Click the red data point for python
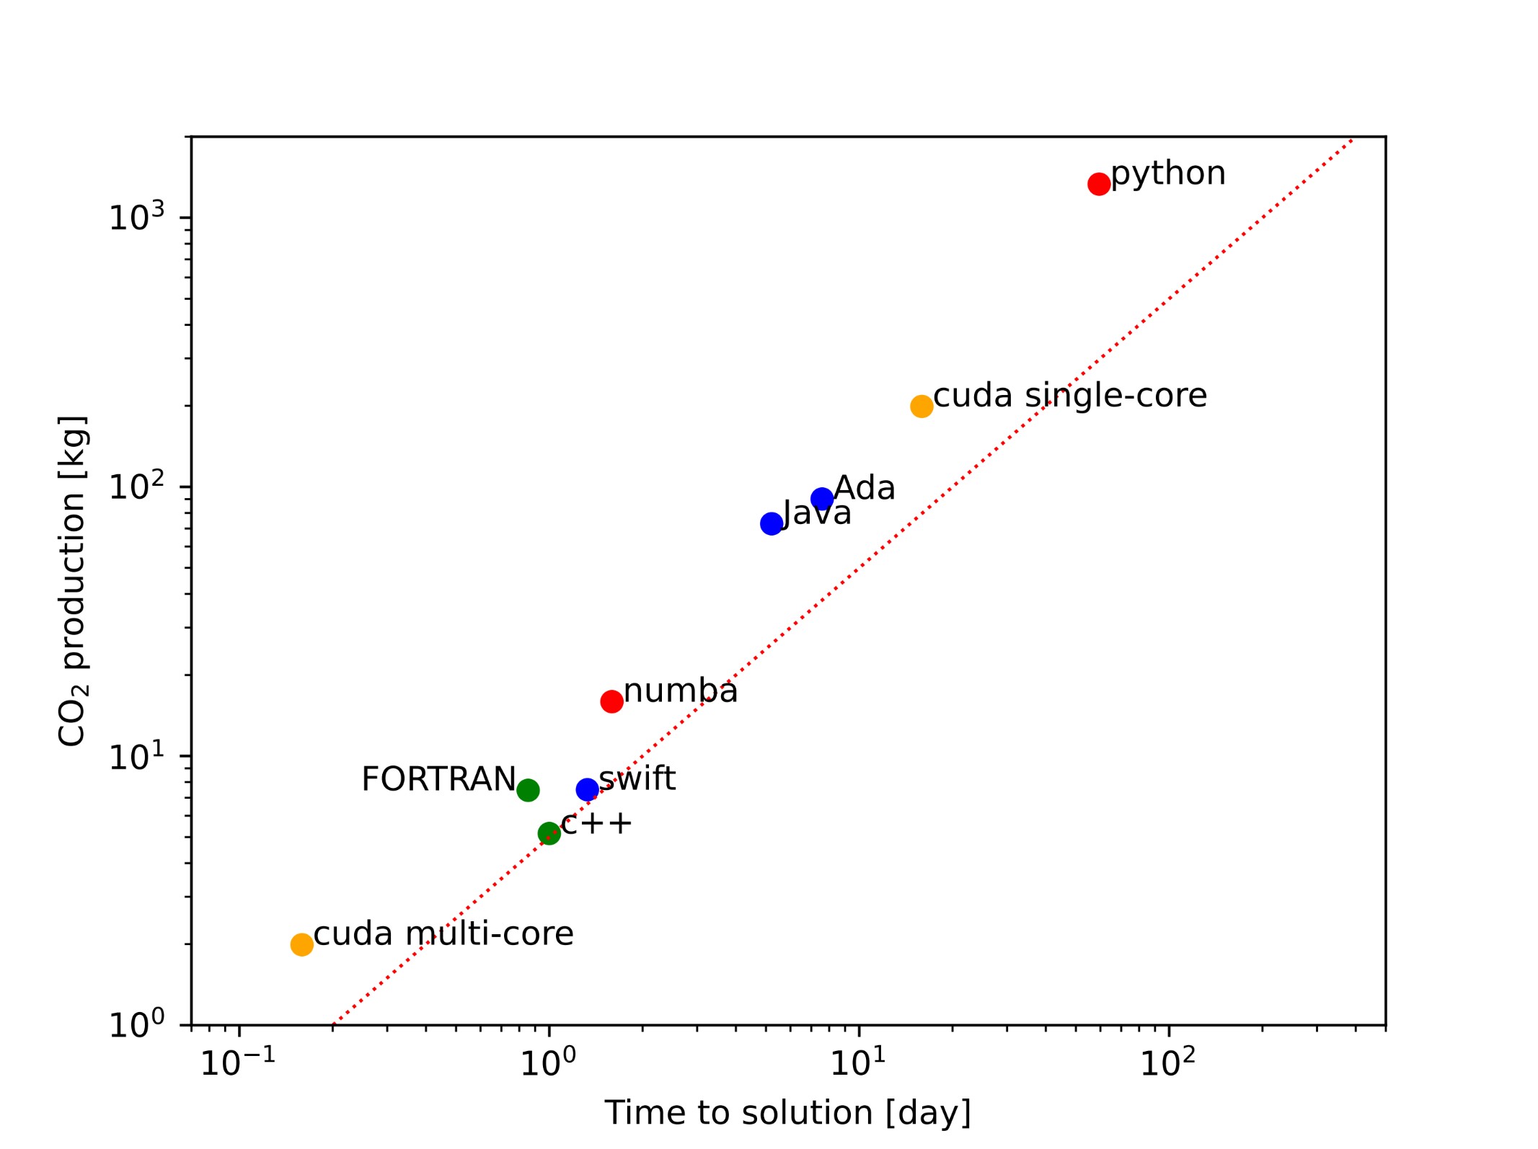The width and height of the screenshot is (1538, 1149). click(1098, 184)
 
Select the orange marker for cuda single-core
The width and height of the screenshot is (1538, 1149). click(921, 406)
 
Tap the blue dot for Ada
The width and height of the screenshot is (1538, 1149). click(821, 498)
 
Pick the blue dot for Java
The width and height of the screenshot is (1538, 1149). click(771, 523)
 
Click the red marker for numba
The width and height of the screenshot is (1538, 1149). click(611, 701)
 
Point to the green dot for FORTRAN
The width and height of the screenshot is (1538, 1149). click(528, 790)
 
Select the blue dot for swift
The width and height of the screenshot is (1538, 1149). click(587, 789)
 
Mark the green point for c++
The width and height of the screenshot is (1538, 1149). click(549, 833)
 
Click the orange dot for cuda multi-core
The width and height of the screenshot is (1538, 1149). click(301, 944)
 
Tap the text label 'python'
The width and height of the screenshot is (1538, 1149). click(1167, 174)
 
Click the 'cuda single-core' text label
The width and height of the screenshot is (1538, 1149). click(1069, 396)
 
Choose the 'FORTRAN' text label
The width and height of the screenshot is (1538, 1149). click(438, 779)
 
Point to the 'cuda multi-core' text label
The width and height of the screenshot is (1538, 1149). click(443, 934)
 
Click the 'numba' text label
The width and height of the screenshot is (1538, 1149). click(680, 691)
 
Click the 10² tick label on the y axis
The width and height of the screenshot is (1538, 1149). click(136, 486)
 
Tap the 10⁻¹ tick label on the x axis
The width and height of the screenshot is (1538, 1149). click(237, 1063)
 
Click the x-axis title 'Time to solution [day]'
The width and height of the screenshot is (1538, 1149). click(787, 1113)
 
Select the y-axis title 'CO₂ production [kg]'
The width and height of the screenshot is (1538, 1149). click(73, 581)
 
